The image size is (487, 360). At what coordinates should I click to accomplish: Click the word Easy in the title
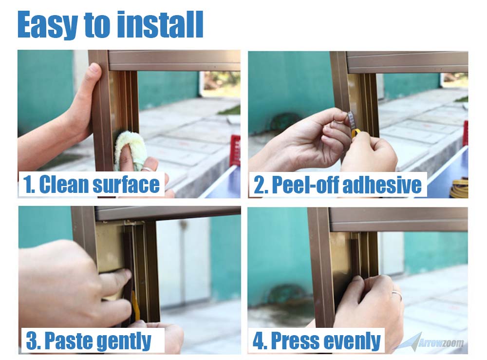coord(48,25)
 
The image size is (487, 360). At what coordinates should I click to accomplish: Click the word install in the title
coord(160,24)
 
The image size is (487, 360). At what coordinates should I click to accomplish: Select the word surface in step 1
coord(126,184)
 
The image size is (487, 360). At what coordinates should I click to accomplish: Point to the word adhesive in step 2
coord(382,185)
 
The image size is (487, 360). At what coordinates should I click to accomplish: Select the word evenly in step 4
coord(351,341)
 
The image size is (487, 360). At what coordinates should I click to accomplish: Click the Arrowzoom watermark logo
coord(431,342)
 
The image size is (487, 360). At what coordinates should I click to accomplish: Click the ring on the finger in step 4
coord(397,295)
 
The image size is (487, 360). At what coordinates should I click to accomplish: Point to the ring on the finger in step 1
coord(147,169)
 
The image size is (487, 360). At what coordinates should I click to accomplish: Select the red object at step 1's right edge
coord(235,150)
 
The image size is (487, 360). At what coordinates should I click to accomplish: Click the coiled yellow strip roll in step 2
coord(460,189)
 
